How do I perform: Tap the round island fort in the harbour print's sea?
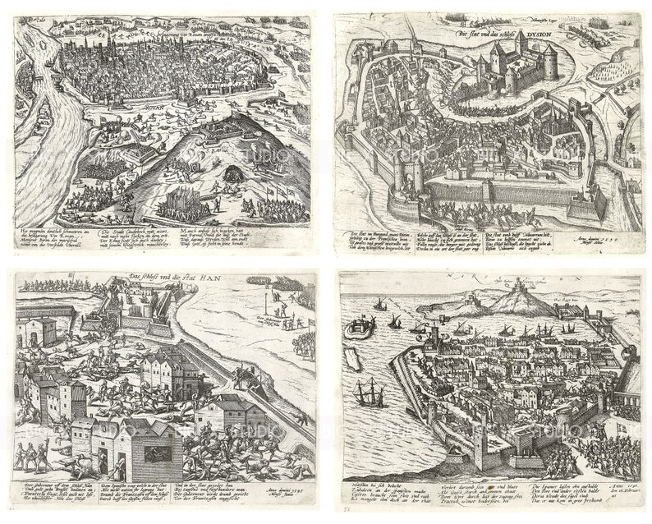(357, 329)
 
